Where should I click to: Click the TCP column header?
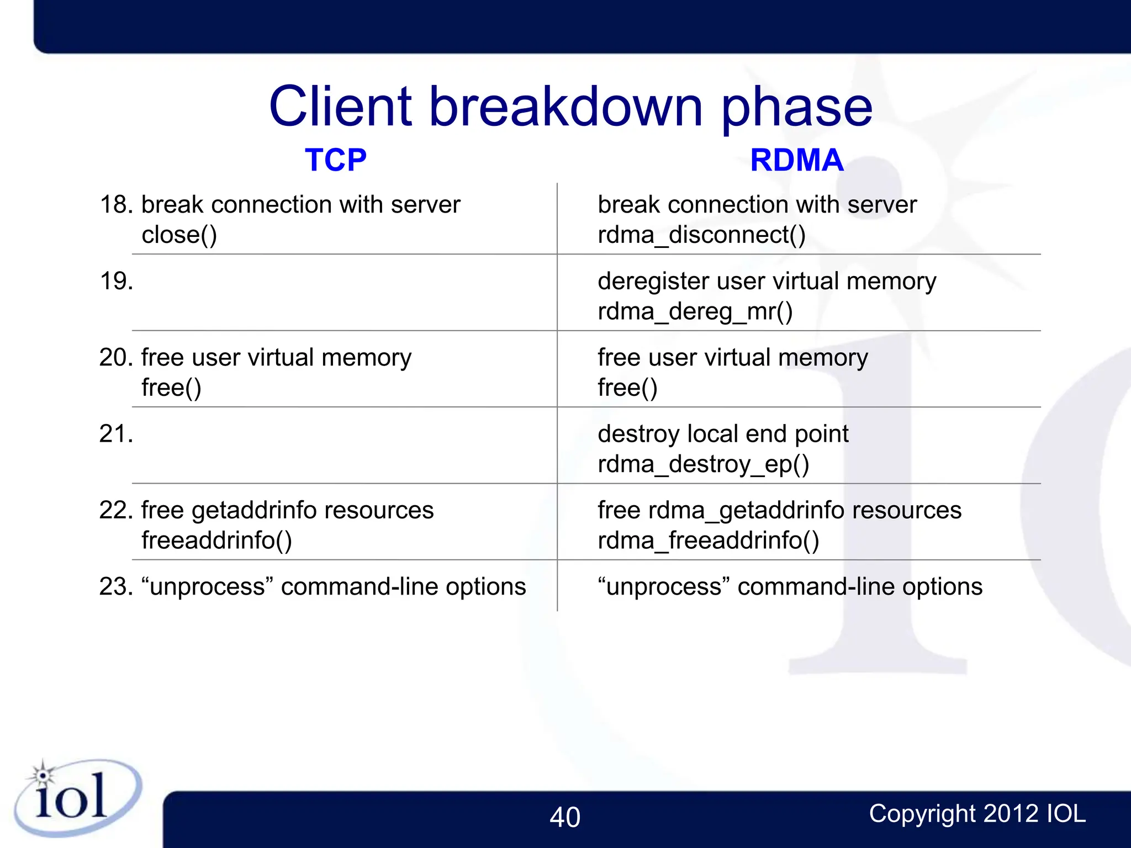point(335,161)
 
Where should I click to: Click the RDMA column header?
point(796,161)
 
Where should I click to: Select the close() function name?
point(179,235)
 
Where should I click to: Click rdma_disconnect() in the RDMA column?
point(701,235)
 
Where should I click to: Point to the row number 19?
point(117,282)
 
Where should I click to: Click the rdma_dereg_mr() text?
point(695,312)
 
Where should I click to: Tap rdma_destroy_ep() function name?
point(703,464)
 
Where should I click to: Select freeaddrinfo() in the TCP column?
point(216,540)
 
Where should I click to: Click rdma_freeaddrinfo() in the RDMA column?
point(708,540)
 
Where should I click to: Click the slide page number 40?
point(564,818)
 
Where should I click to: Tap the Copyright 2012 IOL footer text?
point(977,814)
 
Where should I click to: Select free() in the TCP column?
point(171,388)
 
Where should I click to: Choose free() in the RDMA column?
point(627,388)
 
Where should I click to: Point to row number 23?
point(117,587)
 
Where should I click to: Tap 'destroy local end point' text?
point(722,434)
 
